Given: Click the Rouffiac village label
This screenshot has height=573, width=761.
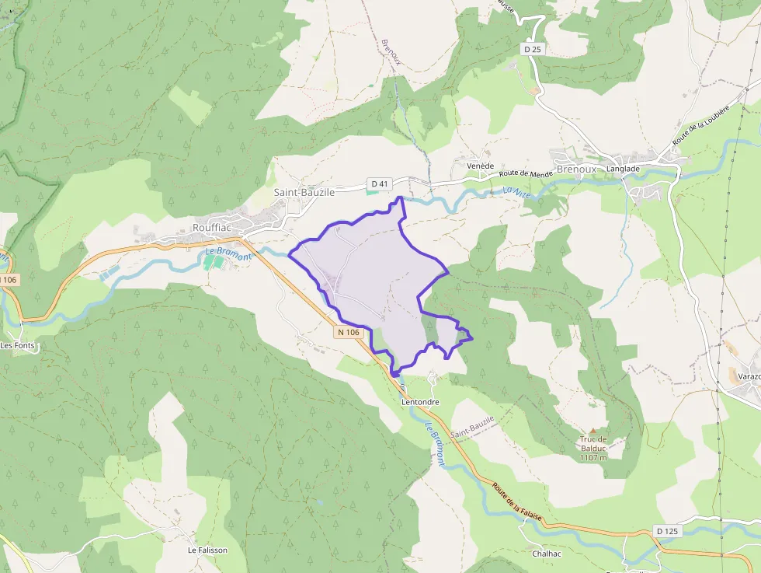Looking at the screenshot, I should [x=214, y=228].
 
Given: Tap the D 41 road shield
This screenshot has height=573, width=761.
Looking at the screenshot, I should [x=379, y=183].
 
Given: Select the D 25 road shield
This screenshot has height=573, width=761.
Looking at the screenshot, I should [x=531, y=49].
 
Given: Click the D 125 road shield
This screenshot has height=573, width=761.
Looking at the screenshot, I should [x=666, y=531].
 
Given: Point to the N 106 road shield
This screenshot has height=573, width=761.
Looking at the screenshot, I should [x=349, y=332].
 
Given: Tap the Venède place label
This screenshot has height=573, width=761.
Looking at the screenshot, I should [x=480, y=166].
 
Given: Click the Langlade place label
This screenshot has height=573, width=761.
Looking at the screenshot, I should [x=624, y=169].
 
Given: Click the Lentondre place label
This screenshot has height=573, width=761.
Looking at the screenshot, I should [x=421, y=402].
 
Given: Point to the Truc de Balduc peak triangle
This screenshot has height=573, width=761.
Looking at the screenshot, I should [x=593, y=431].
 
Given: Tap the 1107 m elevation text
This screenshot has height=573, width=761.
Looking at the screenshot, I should [x=592, y=457].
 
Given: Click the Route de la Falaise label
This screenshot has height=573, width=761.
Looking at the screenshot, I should [x=516, y=505].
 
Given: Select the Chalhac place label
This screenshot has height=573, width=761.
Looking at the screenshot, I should [x=547, y=554].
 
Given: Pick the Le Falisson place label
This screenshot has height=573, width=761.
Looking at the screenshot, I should [x=208, y=550].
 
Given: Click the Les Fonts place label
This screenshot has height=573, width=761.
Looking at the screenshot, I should [x=18, y=346].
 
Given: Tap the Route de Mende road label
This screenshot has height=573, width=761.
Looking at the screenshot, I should [x=526, y=174].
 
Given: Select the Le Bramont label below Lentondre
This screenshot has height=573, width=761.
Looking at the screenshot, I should [x=434, y=443].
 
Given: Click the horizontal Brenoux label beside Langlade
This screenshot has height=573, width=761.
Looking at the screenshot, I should [x=577, y=168].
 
